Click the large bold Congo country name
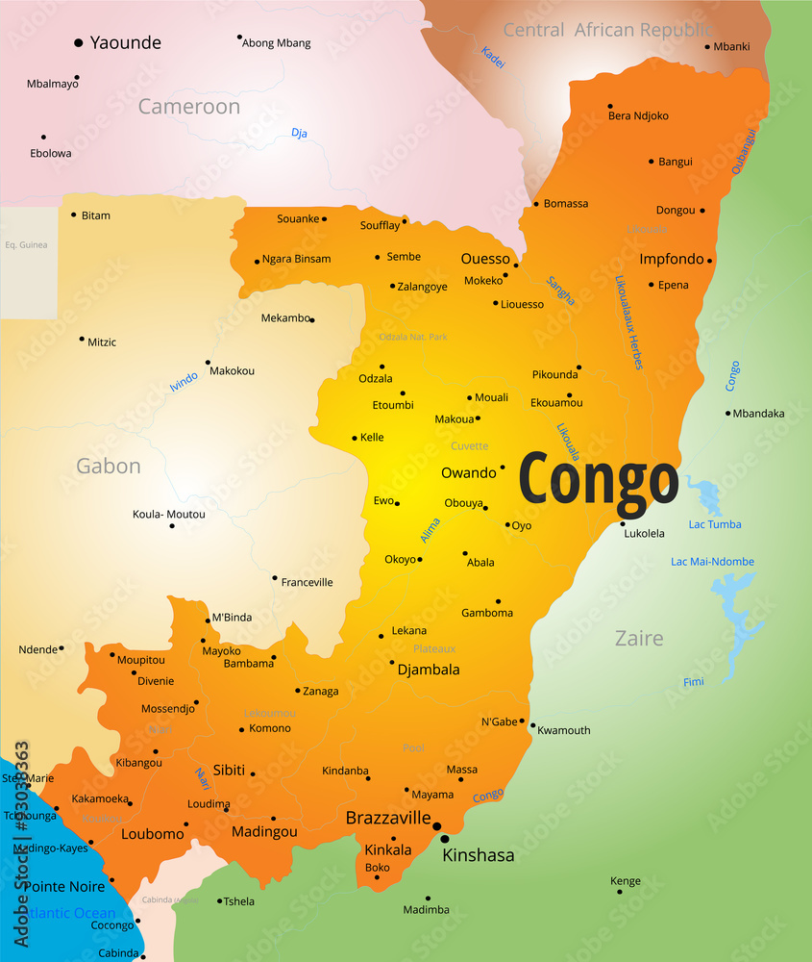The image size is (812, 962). (x=599, y=481)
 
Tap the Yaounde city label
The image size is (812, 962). (x=125, y=42)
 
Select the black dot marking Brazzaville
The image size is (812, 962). (x=436, y=826)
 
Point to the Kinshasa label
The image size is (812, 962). (x=478, y=855)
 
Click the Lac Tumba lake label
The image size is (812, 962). (x=715, y=524)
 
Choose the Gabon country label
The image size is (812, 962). (x=109, y=467)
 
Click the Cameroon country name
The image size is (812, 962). (x=188, y=107)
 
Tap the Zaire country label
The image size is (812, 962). (x=639, y=639)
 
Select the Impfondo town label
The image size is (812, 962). (x=672, y=259)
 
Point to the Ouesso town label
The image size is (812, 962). (x=485, y=259)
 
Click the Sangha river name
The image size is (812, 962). (x=560, y=291)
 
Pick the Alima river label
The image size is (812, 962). (x=431, y=530)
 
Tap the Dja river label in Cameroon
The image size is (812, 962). (x=299, y=133)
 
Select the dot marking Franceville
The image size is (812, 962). (x=274, y=578)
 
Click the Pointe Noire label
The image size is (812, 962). (x=63, y=886)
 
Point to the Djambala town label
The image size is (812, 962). (x=429, y=670)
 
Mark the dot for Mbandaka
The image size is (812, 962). (x=728, y=414)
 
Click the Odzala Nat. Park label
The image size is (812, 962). (x=413, y=337)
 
